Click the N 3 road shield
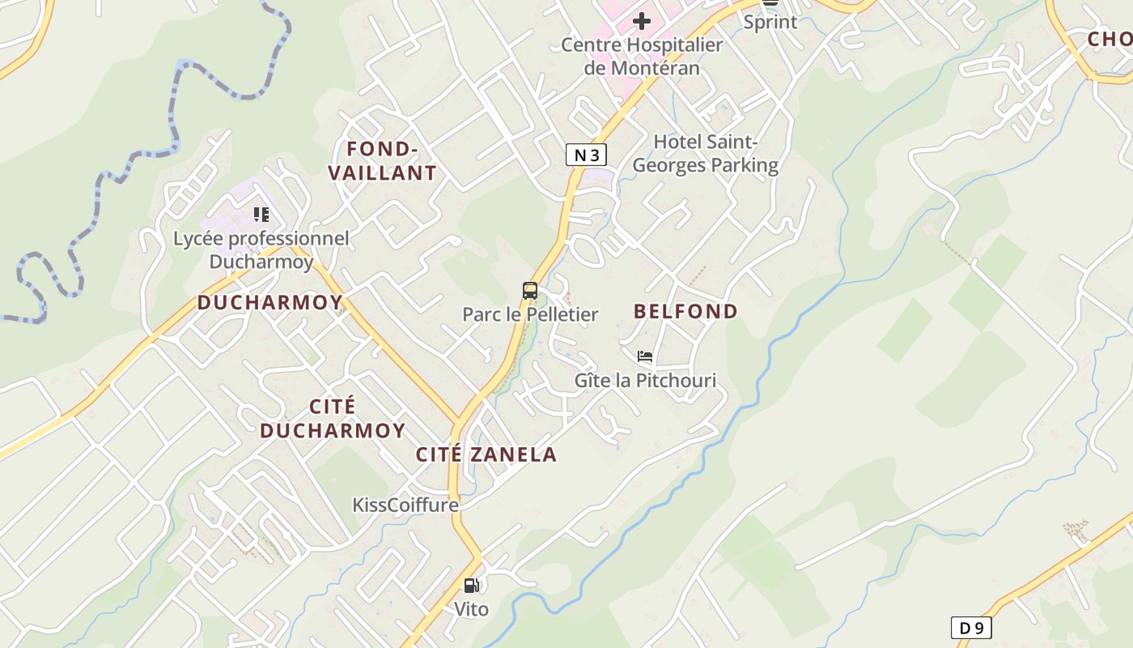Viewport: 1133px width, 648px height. coord(586,155)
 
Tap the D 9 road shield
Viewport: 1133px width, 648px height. coord(970,628)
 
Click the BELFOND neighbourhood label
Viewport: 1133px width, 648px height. coord(685,311)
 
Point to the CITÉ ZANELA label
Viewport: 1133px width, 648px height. coord(486,454)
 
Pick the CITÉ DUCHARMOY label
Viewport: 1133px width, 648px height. coord(333,418)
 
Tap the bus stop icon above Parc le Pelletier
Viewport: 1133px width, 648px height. coord(530,291)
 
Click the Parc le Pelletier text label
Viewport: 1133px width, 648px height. coord(530,314)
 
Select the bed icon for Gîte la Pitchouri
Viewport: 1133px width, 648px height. coord(645,356)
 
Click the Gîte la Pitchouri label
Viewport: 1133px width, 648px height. coord(645,380)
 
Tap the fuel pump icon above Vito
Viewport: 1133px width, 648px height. coord(471,585)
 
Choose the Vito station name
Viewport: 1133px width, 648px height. coord(471,608)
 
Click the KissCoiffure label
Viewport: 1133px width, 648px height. coord(405,505)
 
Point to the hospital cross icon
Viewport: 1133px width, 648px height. coord(642,20)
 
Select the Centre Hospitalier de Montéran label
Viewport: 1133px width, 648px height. coord(642,56)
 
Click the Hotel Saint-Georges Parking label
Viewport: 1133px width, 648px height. coord(705,153)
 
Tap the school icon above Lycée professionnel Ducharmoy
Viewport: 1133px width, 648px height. coord(261,215)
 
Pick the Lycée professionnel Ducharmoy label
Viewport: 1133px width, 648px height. coord(261,249)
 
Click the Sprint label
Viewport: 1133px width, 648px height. coord(770,22)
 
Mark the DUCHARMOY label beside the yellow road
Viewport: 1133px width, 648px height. coord(269,303)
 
